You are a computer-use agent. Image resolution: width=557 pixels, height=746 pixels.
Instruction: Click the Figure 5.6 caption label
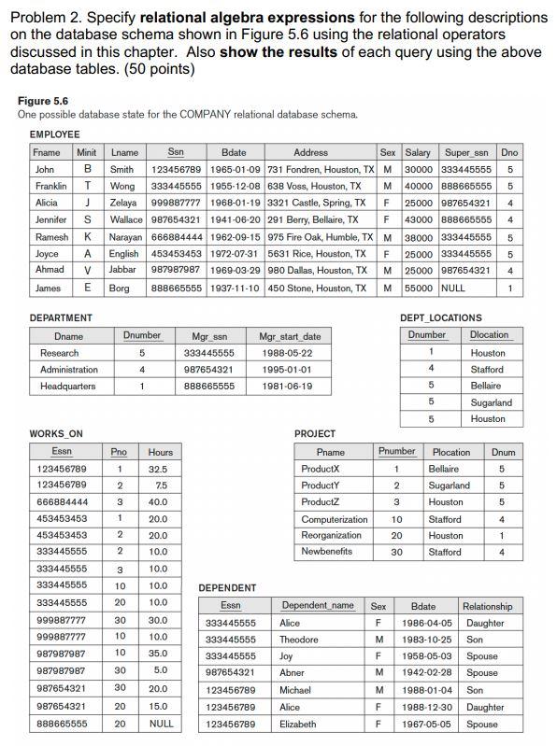point(42,101)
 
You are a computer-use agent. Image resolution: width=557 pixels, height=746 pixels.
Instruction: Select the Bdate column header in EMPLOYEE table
point(233,152)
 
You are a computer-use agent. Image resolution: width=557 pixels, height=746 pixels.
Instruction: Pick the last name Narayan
point(129,237)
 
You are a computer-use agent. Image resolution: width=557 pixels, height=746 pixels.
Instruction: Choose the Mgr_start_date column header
point(290,336)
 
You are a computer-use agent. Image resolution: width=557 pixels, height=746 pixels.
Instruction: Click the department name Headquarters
point(68,387)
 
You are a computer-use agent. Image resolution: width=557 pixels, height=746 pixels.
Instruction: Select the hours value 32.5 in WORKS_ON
point(158,468)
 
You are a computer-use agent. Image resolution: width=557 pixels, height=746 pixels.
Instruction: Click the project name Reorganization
point(332,535)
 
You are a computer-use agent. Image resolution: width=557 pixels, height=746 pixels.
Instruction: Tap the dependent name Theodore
point(301,640)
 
